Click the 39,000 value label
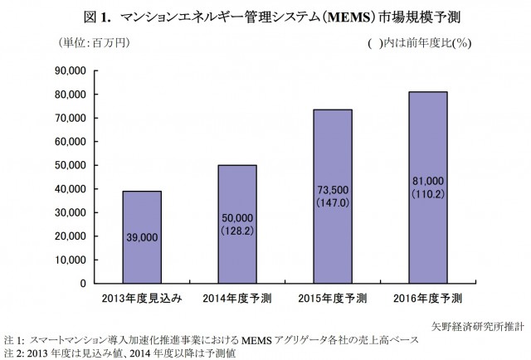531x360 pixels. [142, 237]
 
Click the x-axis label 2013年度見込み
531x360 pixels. [142, 298]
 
